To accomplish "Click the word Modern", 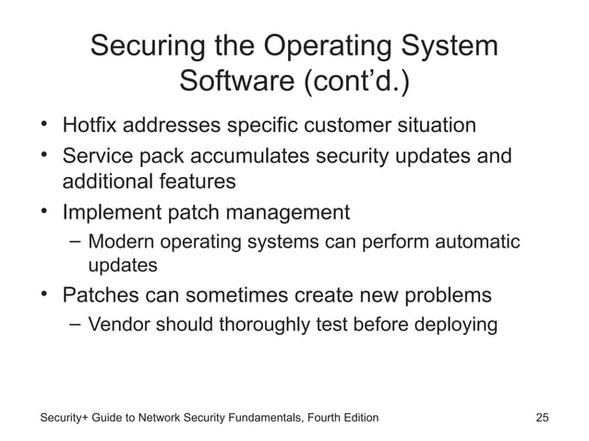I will [x=121, y=243].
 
